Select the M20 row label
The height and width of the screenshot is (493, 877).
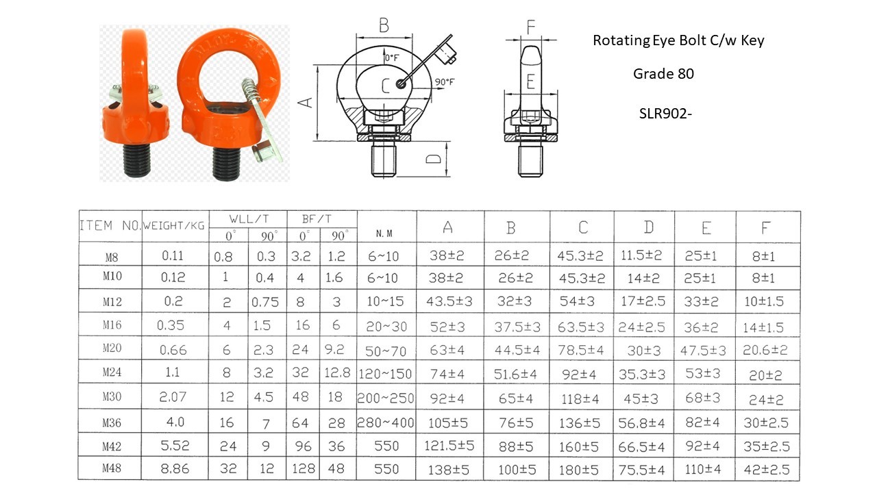(x=112, y=349)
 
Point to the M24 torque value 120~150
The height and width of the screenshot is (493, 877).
(x=386, y=373)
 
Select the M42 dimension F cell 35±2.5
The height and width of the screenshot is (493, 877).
(x=766, y=446)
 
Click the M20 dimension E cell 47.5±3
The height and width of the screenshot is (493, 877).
(x=704, y=350)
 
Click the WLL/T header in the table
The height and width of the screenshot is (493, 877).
(x=249, y=219)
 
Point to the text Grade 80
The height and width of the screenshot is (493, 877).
(x=663, y=74)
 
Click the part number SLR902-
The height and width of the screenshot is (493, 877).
(x=663, y=114)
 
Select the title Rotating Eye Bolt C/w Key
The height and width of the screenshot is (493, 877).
(x=678, y=40)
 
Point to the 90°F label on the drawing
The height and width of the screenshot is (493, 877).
(x=444, y=82)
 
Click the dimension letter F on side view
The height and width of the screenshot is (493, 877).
(x=530, y=28)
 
